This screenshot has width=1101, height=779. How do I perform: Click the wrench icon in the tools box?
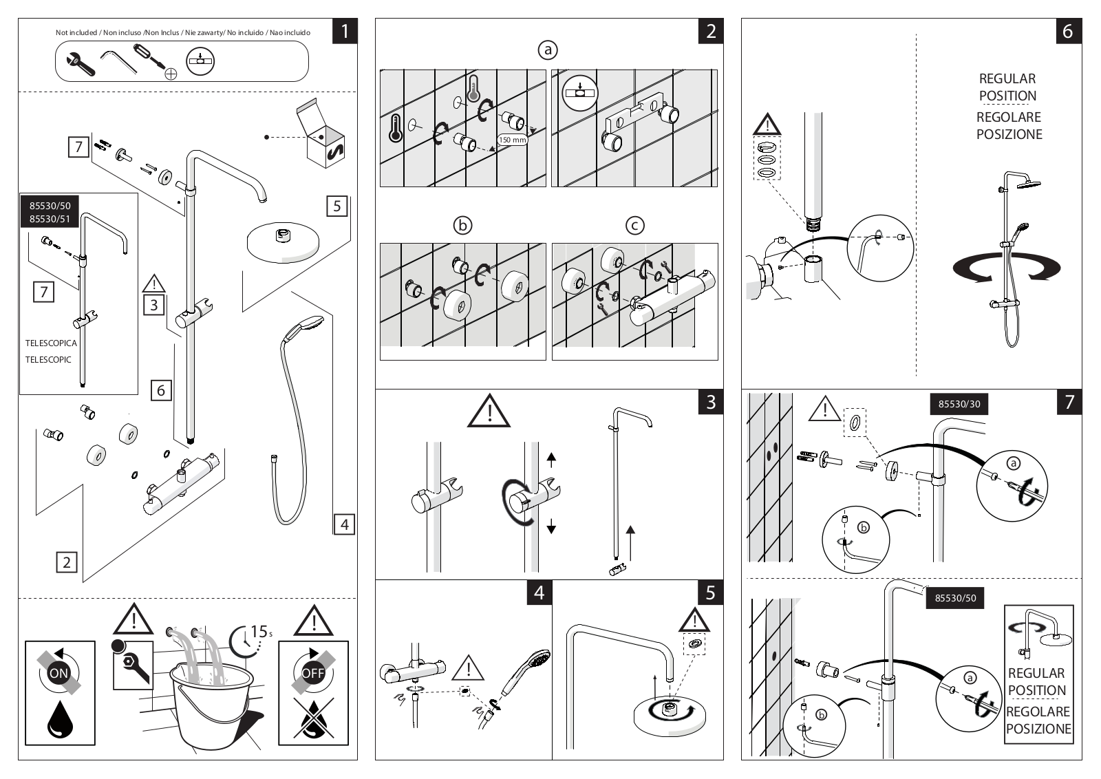point(81,63)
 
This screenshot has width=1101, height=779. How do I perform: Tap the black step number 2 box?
point(711,31)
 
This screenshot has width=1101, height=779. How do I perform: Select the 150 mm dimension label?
point(512,140)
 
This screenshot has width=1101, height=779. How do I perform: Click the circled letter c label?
point(634,226)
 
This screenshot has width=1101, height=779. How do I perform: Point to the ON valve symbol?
point(59,672)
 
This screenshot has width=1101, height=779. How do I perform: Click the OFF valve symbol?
point(313,672)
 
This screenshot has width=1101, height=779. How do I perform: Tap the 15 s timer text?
point(261,632)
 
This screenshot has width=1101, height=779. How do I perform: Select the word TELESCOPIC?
point(48,360)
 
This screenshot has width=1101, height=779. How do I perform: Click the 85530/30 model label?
point(959,404)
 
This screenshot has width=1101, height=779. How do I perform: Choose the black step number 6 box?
point(1069,31)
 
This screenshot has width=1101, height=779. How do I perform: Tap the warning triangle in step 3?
point(489,412)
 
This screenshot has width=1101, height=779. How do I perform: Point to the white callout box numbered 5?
point(337,206)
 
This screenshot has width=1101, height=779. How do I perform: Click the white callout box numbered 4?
point(344,524)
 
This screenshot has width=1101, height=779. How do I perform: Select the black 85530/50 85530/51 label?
point(50,212)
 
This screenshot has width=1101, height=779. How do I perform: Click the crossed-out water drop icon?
point(313,718)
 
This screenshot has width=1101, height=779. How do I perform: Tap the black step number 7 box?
point(1069,402)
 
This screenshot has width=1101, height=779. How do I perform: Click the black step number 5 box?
point(711,593)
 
